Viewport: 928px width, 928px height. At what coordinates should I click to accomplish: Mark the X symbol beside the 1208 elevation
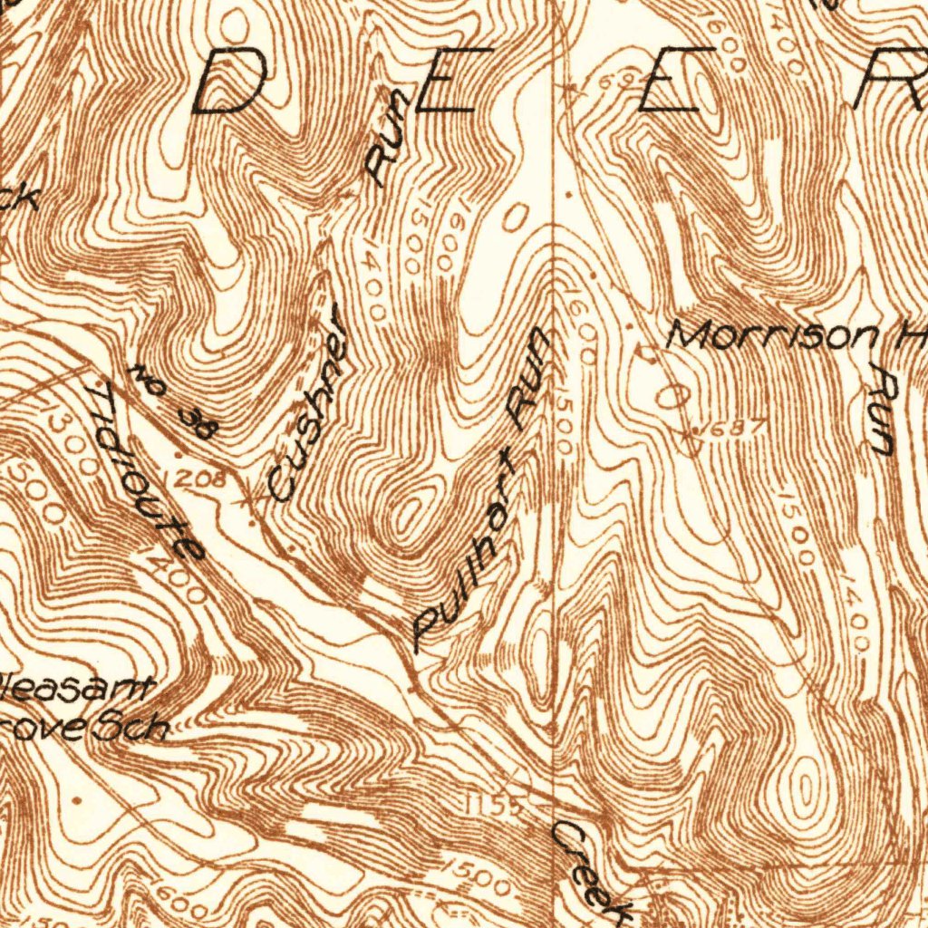point(243,500)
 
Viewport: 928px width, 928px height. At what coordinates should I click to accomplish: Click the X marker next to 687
point(689,434)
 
